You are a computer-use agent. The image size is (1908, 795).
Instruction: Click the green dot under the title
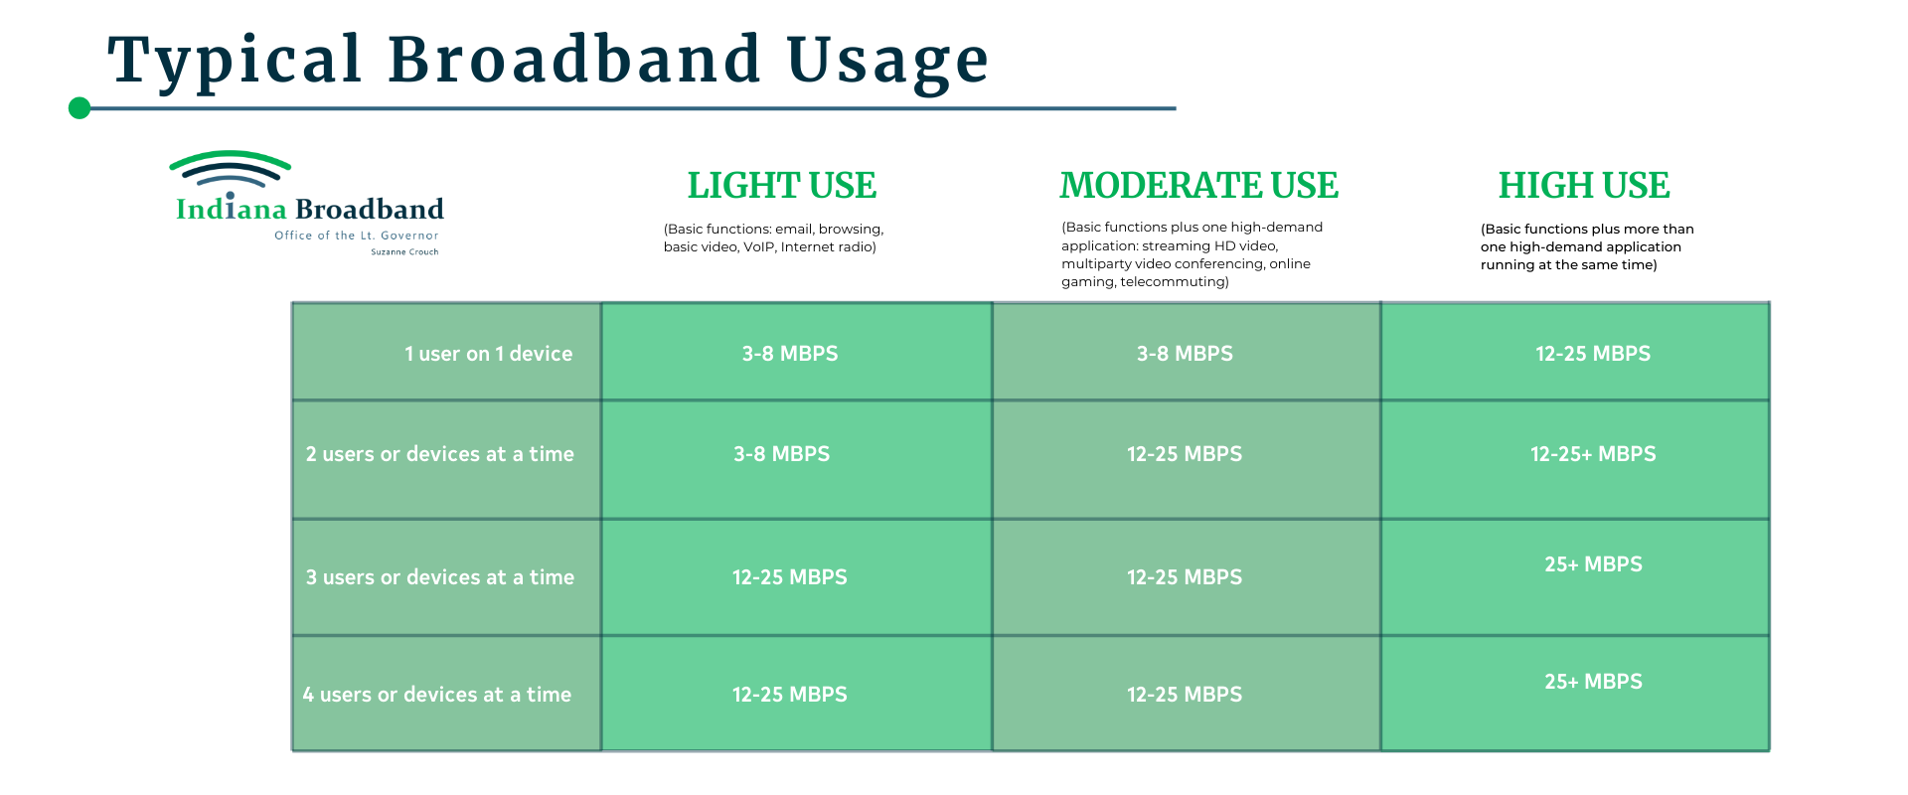pos(79,108)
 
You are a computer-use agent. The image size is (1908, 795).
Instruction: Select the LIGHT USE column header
pos(782,186)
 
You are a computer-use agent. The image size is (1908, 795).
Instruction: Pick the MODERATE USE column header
pos(1198,186)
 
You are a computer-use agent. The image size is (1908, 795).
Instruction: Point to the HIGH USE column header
pos(1584,186)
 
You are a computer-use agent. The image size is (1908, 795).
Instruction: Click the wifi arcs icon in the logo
pos(230,170)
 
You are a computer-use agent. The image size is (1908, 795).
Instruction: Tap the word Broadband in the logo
pos(370,209)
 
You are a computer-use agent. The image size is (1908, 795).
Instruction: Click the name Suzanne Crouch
pos(404,252)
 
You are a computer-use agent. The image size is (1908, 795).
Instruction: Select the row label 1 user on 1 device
pos(488,354)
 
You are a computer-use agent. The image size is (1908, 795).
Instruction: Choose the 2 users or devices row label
pos(439,454)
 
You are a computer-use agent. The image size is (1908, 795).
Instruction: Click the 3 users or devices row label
pos(439,577)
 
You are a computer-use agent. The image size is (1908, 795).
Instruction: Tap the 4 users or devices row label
pos(437,695)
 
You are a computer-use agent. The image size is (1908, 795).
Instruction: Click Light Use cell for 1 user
pos(790,354)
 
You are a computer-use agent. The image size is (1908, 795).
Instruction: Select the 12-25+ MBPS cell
pos(1593,454)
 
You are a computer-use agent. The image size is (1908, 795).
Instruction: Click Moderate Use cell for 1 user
pos(1185,354)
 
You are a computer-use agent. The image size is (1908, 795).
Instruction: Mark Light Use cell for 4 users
pos(790,695)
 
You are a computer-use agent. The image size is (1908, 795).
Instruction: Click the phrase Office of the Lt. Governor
pos(357,236)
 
